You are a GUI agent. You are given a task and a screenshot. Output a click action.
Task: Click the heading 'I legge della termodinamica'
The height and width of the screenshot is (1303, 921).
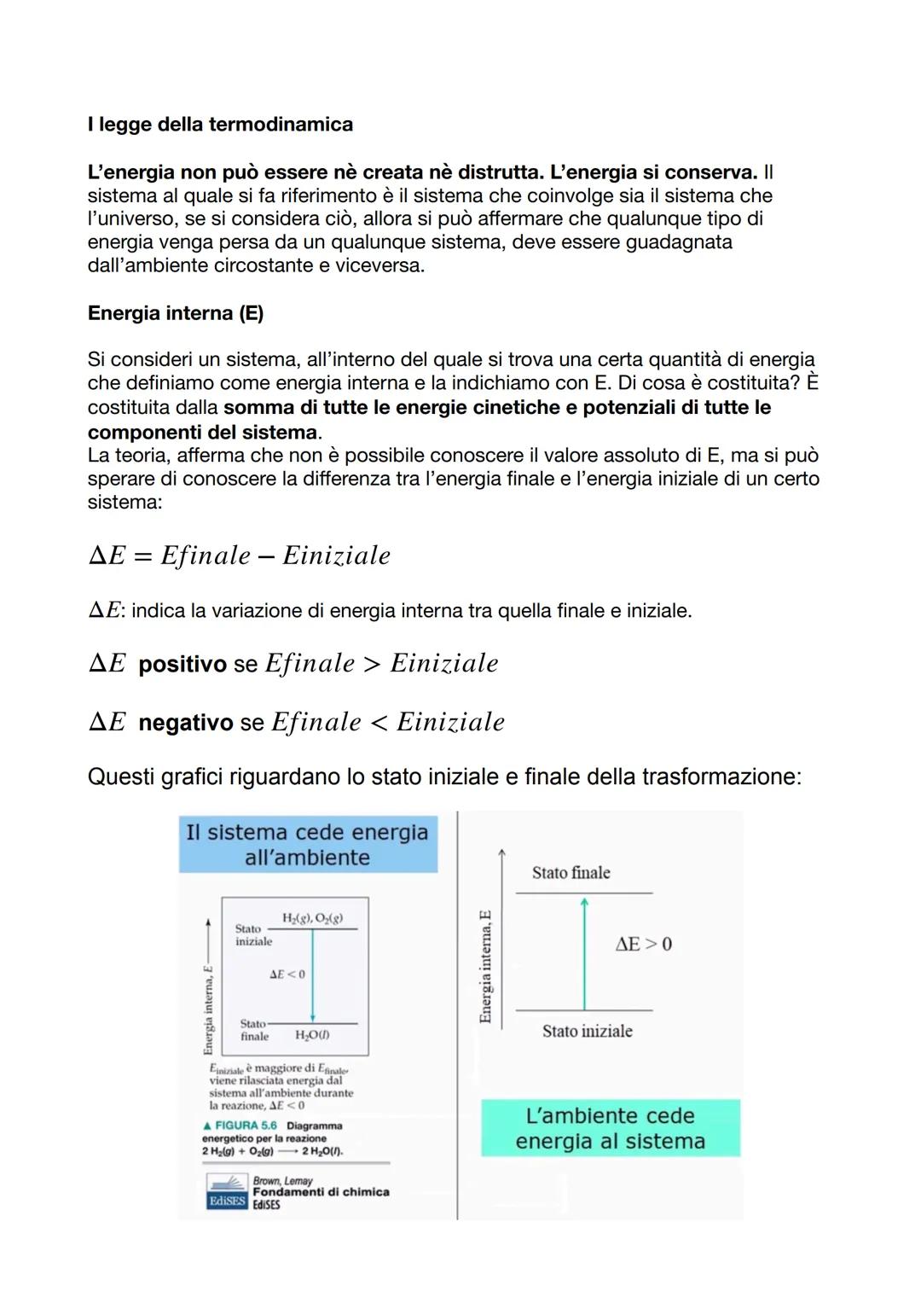coord(220,125)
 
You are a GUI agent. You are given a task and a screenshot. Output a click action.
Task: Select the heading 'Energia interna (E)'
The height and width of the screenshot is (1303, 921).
coord(176,313)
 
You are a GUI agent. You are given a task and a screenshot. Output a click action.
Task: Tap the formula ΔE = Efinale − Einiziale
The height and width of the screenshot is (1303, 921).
coord(240,556)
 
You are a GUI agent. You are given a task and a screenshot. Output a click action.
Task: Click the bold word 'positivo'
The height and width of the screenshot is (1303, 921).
coord(182,664)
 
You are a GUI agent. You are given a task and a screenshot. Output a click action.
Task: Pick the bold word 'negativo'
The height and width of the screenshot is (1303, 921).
coord(185,723)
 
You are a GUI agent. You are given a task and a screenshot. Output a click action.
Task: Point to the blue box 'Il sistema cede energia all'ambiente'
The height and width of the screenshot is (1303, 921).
coord(307,844)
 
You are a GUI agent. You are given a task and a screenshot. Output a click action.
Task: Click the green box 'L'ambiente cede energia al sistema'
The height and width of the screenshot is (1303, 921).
coord(610,1128)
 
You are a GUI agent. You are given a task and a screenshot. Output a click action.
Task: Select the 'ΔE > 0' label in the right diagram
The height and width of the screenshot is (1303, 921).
coord(643,944)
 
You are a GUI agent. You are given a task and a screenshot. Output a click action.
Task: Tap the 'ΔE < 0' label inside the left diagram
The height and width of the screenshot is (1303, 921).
coord(287,974)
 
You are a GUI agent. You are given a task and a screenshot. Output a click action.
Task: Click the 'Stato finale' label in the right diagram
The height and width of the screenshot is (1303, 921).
coord(571,872)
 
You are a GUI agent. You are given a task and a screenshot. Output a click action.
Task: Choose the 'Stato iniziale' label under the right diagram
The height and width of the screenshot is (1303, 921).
coord(587,1031)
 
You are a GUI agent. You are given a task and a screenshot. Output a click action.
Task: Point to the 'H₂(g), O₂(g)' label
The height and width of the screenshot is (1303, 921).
coord(312,918)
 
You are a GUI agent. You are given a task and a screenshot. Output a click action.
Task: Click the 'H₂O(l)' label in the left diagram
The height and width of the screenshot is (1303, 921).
coord(312,1035)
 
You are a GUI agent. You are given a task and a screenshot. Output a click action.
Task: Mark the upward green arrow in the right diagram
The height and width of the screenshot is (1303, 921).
coord(584,951)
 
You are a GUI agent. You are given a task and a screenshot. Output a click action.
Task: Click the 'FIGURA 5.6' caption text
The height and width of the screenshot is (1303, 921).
coord(246,1126)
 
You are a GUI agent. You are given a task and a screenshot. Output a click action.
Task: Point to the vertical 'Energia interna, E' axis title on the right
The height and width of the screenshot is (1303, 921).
coord(485,966)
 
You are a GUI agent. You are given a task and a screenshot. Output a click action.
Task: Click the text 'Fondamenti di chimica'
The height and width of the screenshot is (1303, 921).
coord(321,1192)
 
